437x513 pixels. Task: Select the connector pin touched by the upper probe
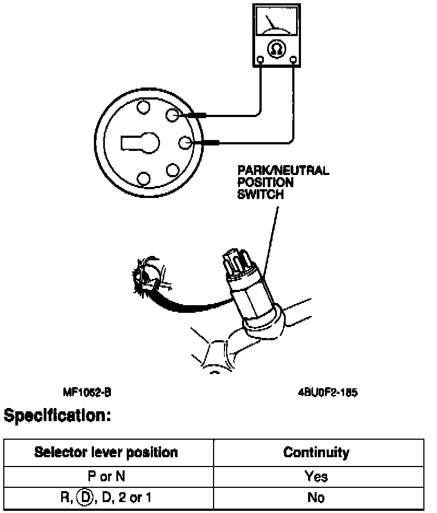pyautogui.click(x=173, y=115)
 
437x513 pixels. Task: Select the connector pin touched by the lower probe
pyautogui.click(x=186, y=143)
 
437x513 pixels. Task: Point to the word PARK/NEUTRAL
pyautogui.click(x=283, y=171)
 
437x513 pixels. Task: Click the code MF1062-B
pyautogui.click(x=87, y=393)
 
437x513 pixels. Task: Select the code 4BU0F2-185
pyautogui.click(x=328, y=393)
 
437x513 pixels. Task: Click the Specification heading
pyautogui.click(x=57, y=417)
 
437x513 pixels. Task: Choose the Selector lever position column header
pyautogui.click(x=106, y=452)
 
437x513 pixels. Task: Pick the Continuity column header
pyautogui.click(x=316, y=452)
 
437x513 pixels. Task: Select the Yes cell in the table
pyautogui.click(x=316, y=476)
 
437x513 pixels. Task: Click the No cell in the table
pyautogui.click(x=316, y=498)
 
